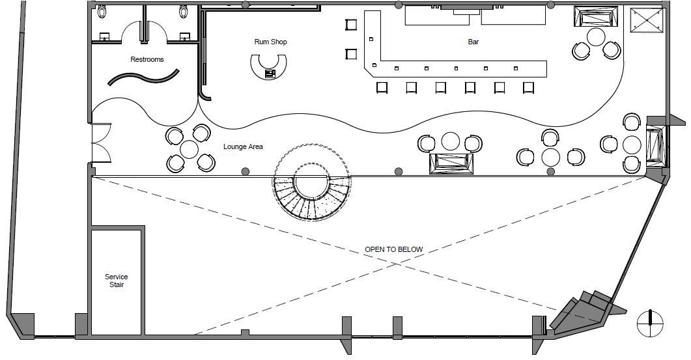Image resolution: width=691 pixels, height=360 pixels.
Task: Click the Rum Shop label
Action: tap(270, 42)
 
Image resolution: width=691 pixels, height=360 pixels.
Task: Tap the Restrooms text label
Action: tap(147, 60)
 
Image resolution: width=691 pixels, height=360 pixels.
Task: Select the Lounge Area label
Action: tap(243, 147)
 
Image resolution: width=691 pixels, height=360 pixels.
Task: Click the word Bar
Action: tap(473, 42)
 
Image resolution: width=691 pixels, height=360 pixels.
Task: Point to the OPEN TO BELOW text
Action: tap(393, 249)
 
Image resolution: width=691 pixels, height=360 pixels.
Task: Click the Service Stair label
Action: tap(117, 281)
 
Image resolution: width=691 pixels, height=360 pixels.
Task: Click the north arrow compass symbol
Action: tap(649, 322)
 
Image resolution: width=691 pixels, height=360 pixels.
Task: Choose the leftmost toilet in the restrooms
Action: tap(102, 11)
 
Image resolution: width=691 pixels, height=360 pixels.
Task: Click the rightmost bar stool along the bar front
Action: tap(528, 87)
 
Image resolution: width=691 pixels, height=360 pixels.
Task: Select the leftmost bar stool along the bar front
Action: tap(382, 87)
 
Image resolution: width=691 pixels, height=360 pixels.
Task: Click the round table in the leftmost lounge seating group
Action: tap(189, 149)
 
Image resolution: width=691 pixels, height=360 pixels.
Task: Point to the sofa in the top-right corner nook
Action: tap(596, 16)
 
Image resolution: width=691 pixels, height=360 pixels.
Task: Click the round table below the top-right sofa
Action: tap(596, 36)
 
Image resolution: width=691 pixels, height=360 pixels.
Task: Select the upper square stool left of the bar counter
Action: tap(351, 25)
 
